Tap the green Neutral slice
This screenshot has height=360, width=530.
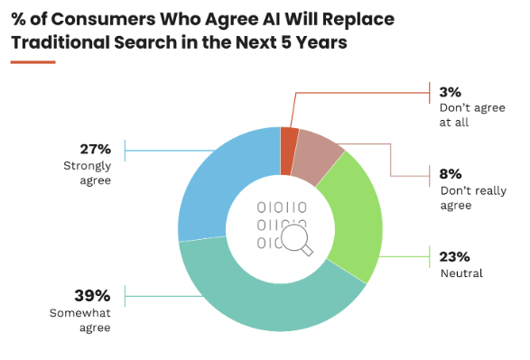(355, 217)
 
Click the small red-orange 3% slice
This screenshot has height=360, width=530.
(288, 152)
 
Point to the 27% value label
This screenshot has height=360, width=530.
(96, 149)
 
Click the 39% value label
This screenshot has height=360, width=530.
(92, 296)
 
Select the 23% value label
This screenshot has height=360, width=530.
(455, 257)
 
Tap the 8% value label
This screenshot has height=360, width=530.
(451, 174)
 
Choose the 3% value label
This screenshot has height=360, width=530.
(451, 92)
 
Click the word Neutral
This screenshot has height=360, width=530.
(461, 273)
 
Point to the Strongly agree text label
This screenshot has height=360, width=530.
(88, 173)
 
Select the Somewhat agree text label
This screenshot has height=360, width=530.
(80, 320)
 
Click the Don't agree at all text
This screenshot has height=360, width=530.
(472, 115)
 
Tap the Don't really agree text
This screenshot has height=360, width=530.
(473, 198)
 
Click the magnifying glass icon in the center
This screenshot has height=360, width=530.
(297, 240)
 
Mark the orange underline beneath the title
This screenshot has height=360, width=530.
(33, 62)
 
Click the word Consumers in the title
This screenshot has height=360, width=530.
(104, 19)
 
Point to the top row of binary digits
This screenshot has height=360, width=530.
(282, 208)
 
